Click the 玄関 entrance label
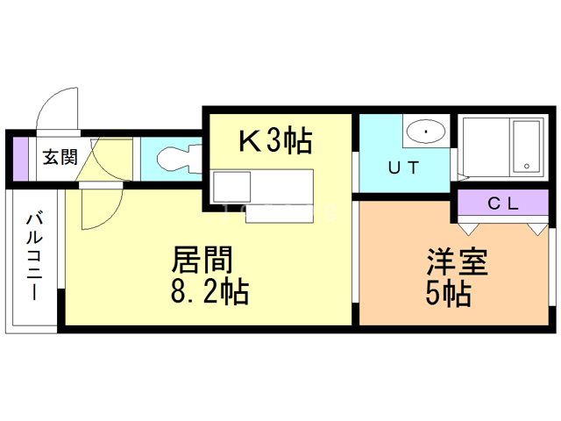tap(60, 158)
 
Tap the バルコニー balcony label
tap(35, 255)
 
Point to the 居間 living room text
tap(202, 260)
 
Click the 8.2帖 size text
tap(209, 290)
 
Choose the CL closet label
tap(504, 204)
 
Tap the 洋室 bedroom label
tap(456, 263)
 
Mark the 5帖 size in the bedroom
tap(451, 293)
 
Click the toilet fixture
tap(175, 159)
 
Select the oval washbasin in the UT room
tap(426, 132)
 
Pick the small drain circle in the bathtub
tap(526, 163)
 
